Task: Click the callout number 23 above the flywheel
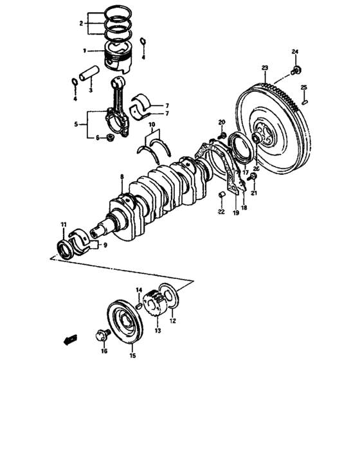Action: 264,67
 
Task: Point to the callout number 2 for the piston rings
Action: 80,24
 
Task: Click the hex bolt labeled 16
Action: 102,334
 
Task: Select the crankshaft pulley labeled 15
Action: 124,323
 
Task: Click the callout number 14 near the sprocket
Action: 138,291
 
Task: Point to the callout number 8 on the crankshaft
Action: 121,176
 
